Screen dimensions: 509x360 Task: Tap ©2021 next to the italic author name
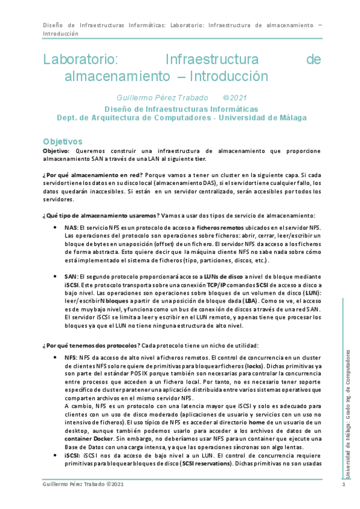pyautogui.click(x=235, y=98)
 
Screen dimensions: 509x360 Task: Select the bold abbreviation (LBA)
pyautogui.click(x=250, y=300)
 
